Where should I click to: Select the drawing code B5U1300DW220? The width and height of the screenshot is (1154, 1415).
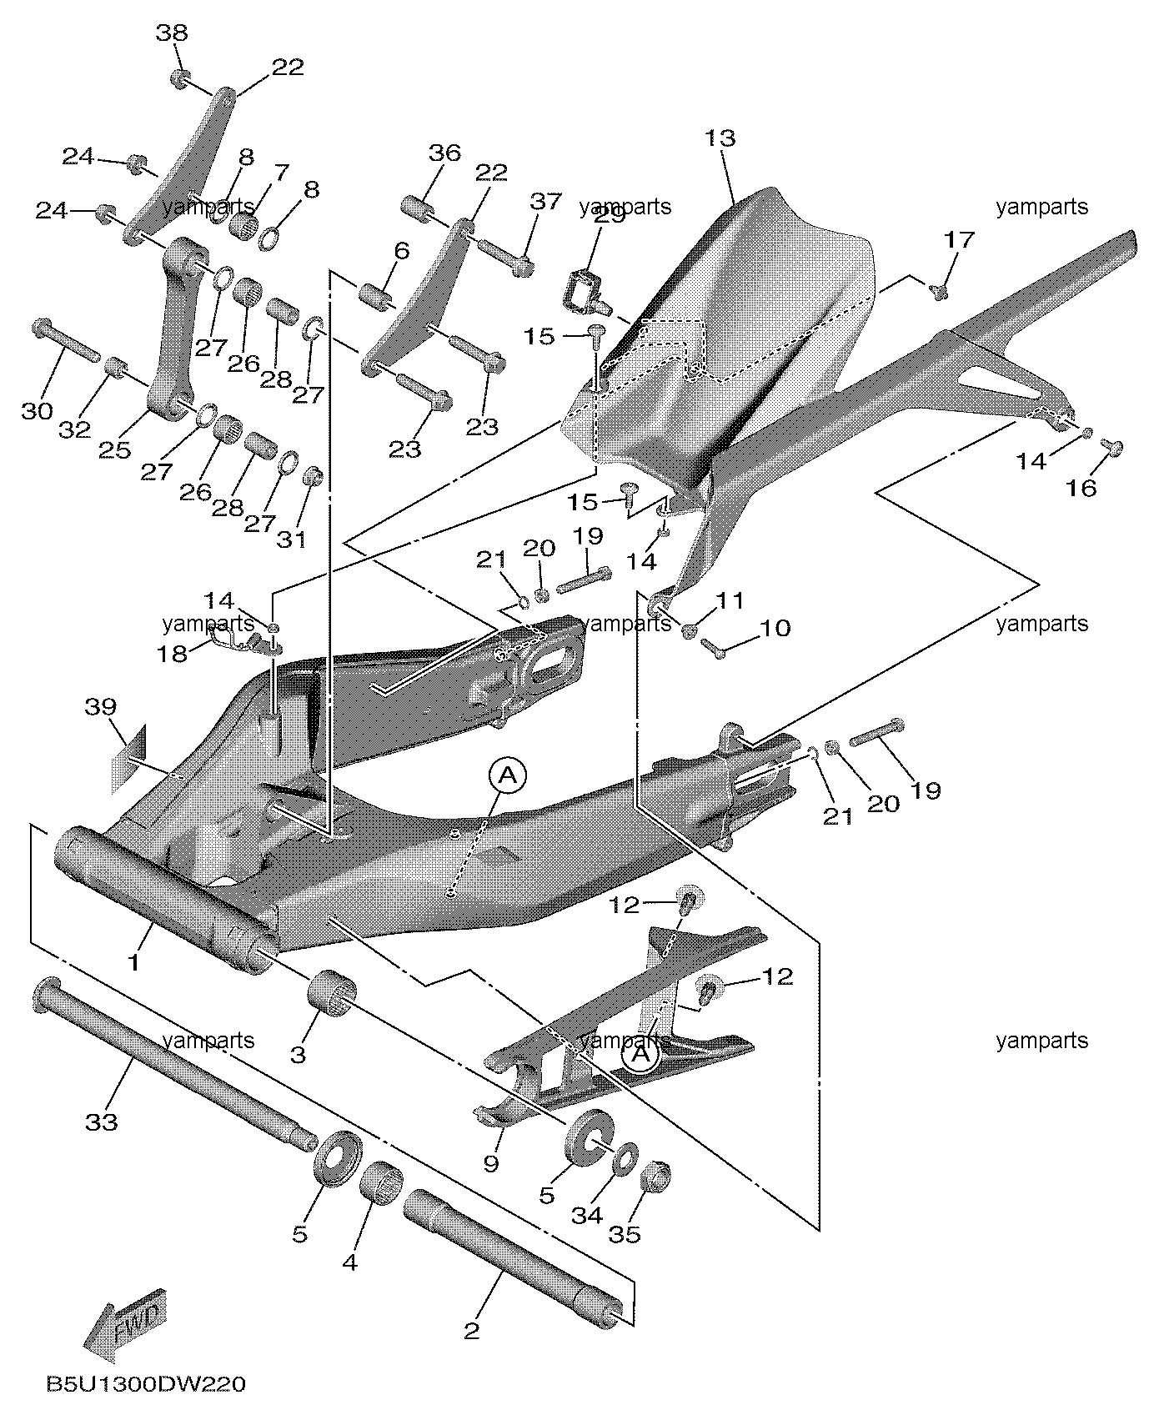tap(147, 1384)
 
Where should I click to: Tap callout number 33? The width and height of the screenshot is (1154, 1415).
tap(102, 1121)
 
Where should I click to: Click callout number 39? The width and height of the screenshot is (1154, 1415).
tap(100, 707)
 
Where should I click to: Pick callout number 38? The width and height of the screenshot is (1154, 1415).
tap(172, 33)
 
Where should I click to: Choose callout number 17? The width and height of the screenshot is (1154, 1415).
tap(959, 240)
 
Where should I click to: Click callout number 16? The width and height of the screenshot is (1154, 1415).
tap(1082, 488)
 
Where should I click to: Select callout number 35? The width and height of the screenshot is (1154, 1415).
tap(625, 1233)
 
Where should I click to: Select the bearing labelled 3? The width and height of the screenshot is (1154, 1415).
tap(333, 991)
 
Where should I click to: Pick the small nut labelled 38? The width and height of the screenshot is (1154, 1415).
tap(178, 78)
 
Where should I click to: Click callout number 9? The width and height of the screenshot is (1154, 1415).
tap(490, 1162)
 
